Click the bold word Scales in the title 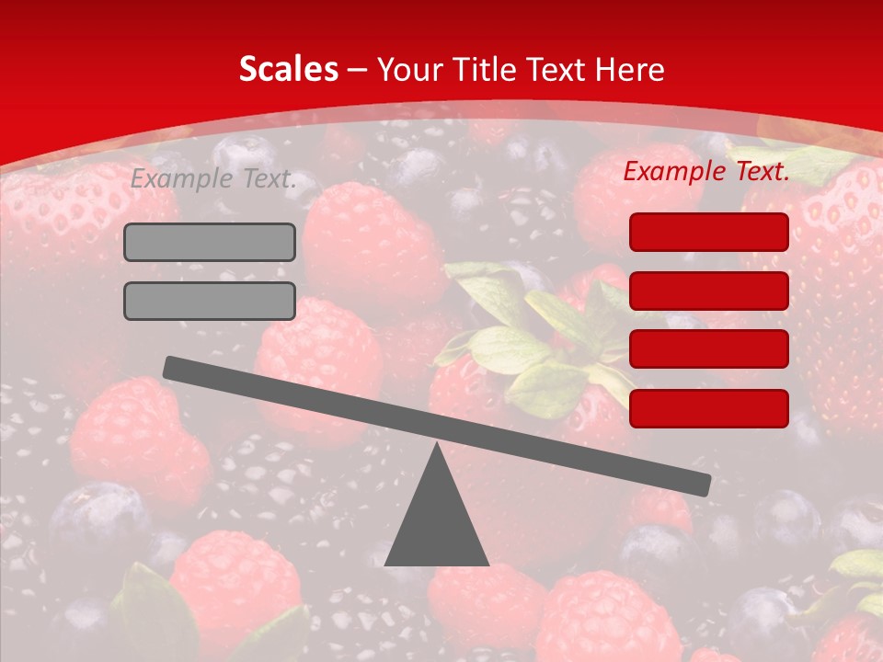coord(288,69)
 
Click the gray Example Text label coord(213,178)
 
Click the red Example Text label coord(706,171)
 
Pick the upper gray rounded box coord(210,242)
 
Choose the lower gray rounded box coord(210,301)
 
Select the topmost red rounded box coord(708,232)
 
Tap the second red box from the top coord(708,291)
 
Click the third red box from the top coord(708,349)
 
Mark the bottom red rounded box coord(708,408)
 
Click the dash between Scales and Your coord(358,69)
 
